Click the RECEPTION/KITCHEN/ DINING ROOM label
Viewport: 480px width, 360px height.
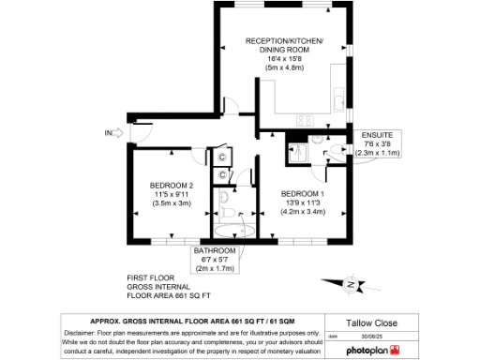(x=284, y=46)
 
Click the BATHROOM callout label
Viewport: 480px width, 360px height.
(x=217, y=251)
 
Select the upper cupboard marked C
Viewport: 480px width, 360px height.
(x=221, y=157)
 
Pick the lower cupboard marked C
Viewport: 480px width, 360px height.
(x=221, y=173)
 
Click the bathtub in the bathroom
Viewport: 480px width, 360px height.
(x=229, y=228)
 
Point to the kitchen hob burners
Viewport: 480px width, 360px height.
(x=305, y=120)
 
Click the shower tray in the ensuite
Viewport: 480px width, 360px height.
(x=297, y=151)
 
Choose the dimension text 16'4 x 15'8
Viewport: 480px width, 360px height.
(x=284, y=58)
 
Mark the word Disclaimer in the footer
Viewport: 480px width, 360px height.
(x=82, y=333)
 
